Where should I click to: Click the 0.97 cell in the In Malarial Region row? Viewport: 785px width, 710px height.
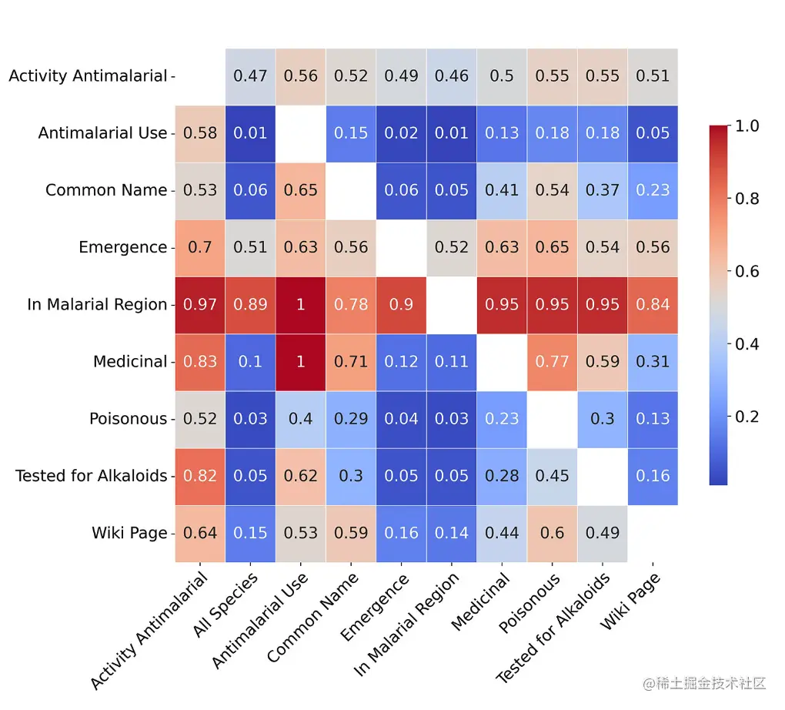point(200,304)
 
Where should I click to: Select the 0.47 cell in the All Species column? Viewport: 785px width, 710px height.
point(250,75)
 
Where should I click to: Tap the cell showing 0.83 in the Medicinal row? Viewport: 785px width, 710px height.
point(200,361)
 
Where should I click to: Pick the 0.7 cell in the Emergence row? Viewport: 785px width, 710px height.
point(200,247)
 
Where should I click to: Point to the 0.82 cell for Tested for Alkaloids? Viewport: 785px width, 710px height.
point(200,476)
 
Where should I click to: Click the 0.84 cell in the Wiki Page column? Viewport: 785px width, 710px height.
point(653,304)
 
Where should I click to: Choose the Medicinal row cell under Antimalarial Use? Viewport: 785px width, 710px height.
point(301,361)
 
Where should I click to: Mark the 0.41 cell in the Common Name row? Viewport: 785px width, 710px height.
point(502,190)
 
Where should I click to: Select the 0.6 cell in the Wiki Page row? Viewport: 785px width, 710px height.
point(553,533)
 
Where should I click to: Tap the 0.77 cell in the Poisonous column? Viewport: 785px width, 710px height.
point(553,361)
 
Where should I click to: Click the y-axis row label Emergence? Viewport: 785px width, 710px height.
point(122,247)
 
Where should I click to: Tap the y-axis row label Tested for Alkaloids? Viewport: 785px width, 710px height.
point(91,476)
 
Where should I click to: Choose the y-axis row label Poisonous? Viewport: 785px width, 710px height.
point(128,419)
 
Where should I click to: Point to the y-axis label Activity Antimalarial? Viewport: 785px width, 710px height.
point(88,75)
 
